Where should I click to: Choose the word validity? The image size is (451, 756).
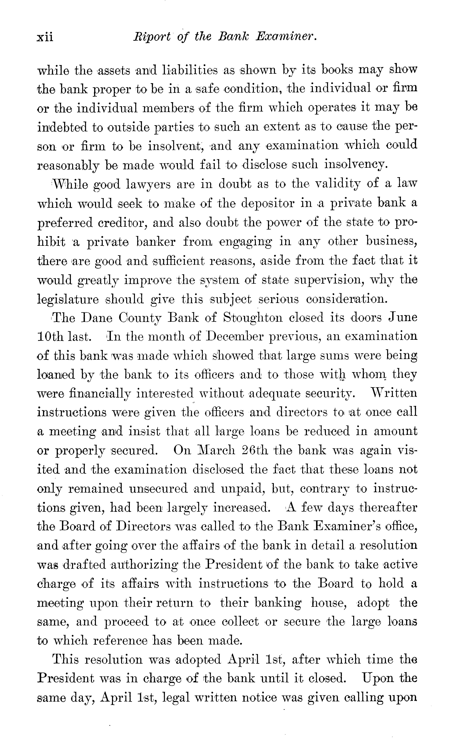click(x=337, y=184)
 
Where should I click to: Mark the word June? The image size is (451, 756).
click(x=402, y=318)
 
